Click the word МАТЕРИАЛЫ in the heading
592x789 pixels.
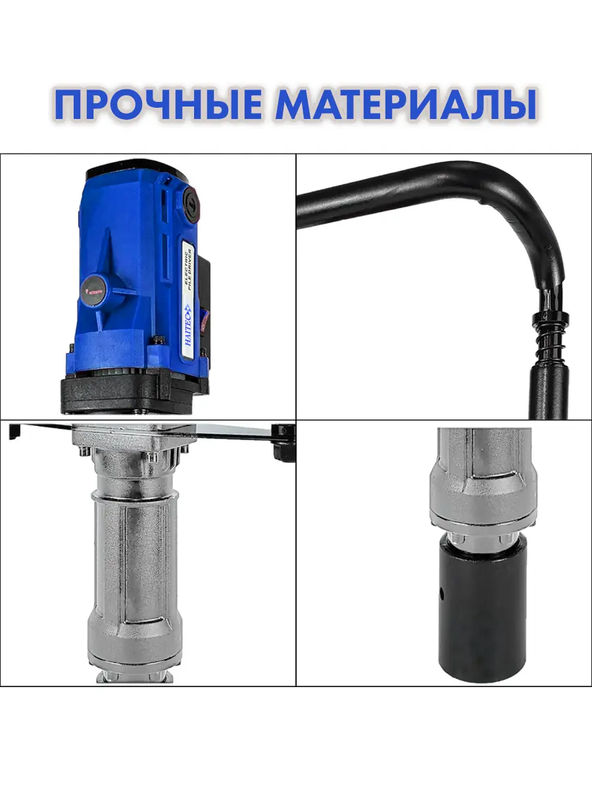coord(399,105)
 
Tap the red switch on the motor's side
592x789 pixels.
coord(205,322)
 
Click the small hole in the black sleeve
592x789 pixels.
coord(442,594)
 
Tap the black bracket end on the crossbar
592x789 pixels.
coord(284,444)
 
